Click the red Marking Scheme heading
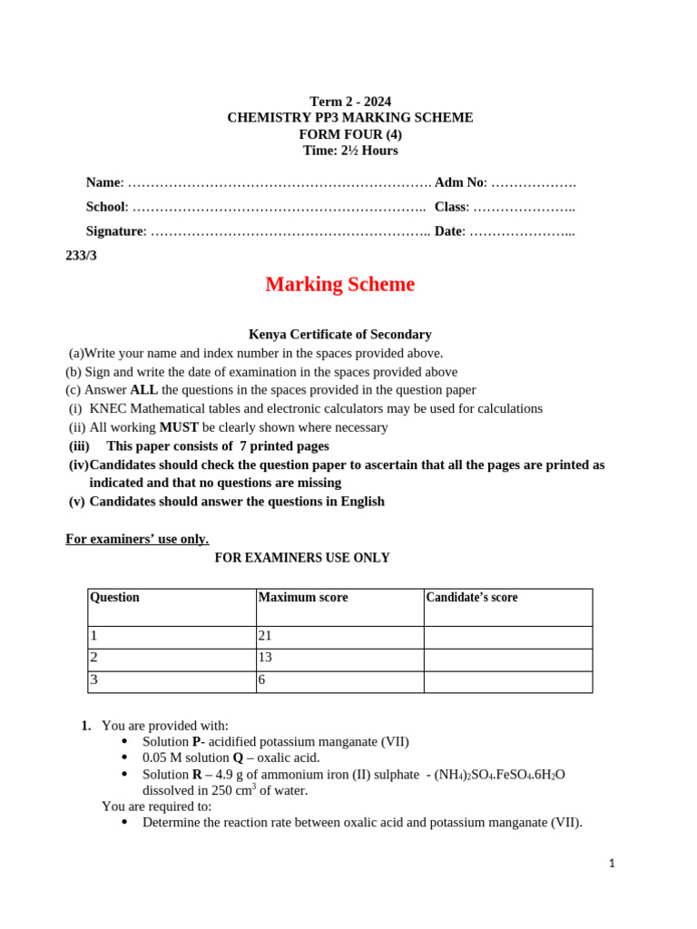pos(339,284)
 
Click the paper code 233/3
pos(81,256)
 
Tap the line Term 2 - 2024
pos(350,102)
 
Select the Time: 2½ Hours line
pos(350,151)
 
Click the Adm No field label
pos(461,182)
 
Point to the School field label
pos(106,207)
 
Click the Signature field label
pos(114,231)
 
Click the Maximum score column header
pos(303,597)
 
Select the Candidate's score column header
pos(472,597)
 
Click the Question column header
pos(114,597)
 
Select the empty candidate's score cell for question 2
pos(507,660)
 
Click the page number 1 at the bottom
pos(613,864)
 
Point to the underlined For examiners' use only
pos(137,539)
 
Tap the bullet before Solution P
pos(124,742)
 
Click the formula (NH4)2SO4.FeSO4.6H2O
pos(500,774)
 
